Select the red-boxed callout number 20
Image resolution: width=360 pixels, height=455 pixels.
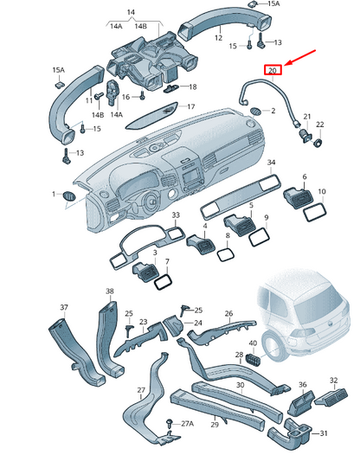273,70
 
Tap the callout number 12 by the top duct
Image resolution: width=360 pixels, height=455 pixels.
220,38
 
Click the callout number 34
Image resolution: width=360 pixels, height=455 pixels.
271,162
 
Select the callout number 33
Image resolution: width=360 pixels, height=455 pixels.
176,215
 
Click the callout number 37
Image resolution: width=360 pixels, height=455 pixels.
63,308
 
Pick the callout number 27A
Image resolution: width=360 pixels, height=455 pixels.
186,423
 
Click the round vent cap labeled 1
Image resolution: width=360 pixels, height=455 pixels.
68,197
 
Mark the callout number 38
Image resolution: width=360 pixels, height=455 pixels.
109,292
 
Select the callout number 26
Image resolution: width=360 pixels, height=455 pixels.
228,314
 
